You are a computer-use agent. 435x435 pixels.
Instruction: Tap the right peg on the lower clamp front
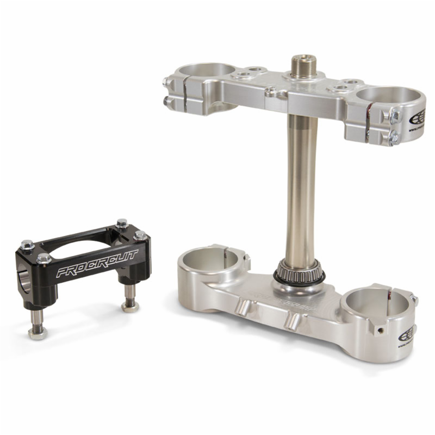[x=293, y=320]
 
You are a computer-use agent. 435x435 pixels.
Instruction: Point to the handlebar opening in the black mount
[x=21, y=278]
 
